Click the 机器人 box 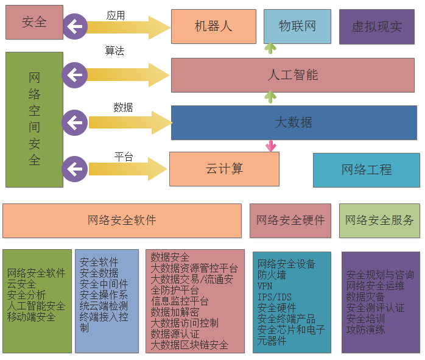(213, 27)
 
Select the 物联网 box (297, 26)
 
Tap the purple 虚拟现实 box (377, 27)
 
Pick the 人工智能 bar (293, 75)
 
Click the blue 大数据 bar (293, 122)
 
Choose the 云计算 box (224, 169)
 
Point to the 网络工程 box (366, 170)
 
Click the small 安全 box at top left (34, 23)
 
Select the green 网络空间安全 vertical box (34, 119)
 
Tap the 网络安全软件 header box (122, 221)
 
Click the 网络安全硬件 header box (290, 221)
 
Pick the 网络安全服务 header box (379, 221)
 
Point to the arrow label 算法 (114, 51)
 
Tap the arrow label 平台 (124, 157)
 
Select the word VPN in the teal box (265, 286)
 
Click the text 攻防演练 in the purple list (365, 330)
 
